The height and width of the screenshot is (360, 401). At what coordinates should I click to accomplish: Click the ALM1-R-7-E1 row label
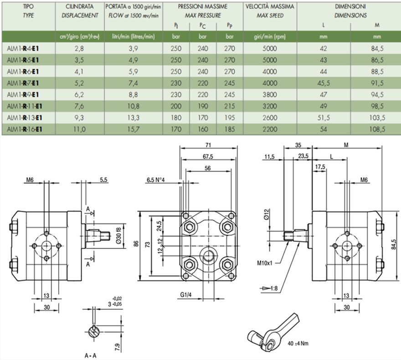[x=22, y=83]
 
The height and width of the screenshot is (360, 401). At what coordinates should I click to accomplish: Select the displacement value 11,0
[x=80, y=129]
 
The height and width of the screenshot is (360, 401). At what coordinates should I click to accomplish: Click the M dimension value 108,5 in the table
[x=376, y=129]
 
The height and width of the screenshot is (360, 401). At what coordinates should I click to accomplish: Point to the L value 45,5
[x=324, y=83]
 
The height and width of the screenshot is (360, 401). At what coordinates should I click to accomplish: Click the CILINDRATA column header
[x=80, y=7]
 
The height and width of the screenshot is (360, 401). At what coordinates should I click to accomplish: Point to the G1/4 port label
[x=185, y=294]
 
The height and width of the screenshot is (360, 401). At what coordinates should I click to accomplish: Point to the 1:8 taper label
[x=272, y=288]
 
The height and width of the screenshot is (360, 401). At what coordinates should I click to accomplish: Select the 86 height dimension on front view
[x=136, y=244]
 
